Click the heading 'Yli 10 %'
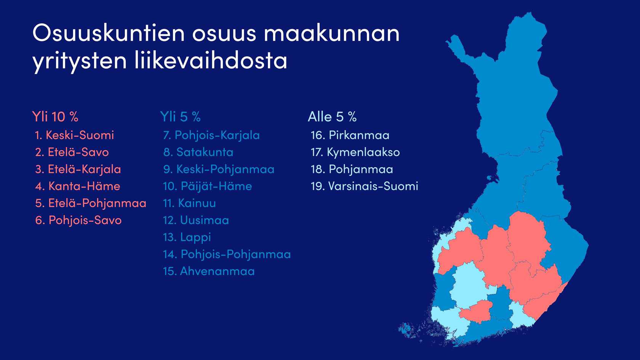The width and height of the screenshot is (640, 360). [55, 117]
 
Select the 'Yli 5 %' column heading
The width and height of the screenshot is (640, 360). [180, 117]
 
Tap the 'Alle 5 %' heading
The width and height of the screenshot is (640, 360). [332, 117]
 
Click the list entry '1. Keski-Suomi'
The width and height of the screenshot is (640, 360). [74, 135]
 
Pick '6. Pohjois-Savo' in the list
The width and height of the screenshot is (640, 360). [78, 220]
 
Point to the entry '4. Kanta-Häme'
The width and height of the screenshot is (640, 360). [77, 186]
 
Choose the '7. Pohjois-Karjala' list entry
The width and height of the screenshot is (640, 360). [211, 136]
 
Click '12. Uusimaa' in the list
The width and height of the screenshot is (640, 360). [196, 220]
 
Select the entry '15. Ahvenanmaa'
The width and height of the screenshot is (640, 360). [209, 271]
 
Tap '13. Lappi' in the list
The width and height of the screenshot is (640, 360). [187, 237]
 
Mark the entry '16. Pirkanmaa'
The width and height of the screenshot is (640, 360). [350, 135]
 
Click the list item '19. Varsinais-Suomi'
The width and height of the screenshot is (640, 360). [364, 186]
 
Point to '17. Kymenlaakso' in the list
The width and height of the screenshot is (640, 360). [355, 152]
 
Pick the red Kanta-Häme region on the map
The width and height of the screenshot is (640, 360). [475, 312]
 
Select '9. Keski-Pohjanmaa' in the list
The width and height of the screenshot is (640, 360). [219, 170]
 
